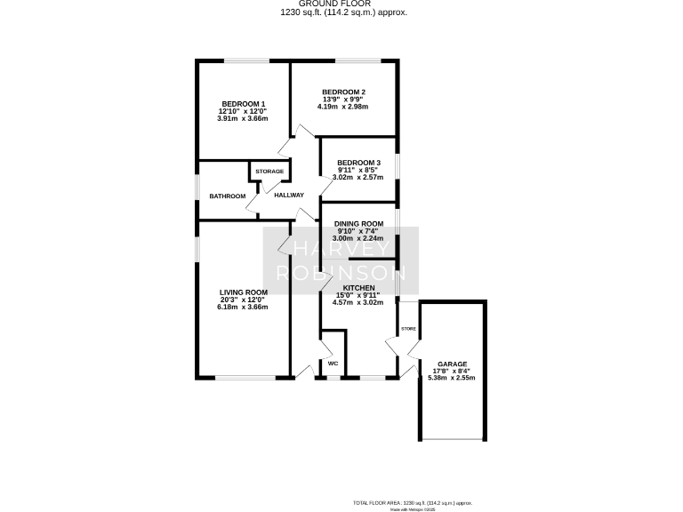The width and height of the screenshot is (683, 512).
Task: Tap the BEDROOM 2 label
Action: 343,92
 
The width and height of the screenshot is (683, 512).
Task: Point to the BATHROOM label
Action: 227,196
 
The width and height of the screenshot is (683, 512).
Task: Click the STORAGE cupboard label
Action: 269,172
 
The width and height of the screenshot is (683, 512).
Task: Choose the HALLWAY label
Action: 289,196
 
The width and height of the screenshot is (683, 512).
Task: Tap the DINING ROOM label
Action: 358,223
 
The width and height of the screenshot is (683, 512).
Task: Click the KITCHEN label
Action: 359,287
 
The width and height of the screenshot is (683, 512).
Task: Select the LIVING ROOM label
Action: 244,292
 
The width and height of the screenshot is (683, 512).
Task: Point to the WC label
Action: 333,364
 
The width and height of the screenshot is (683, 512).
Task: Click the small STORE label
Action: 408,329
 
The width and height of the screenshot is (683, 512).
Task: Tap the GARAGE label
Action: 452,364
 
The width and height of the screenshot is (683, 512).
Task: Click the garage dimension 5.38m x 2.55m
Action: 452,378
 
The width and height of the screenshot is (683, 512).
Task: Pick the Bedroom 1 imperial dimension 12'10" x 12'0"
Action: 242,110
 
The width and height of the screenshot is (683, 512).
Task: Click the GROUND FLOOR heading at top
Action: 342,4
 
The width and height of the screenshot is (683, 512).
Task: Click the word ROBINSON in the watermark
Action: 341,273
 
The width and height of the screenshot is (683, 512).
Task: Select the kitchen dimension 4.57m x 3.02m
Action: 359,302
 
